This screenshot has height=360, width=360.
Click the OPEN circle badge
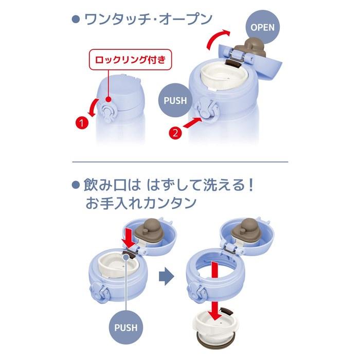click(262, 27)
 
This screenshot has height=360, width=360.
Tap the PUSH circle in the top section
click(175, 100)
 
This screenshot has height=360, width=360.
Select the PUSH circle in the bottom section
click(126, 328)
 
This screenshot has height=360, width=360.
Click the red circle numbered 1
click(82, 123)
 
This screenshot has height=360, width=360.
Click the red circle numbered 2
click(175, 133)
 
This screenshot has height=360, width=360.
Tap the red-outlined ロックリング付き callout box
click(131, 60)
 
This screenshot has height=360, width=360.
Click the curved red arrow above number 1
click(94, 107)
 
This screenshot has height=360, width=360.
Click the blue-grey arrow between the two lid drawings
click(167, 277)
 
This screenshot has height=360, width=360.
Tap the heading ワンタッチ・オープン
click(148, 20)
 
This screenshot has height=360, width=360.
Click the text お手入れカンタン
click(141, 203)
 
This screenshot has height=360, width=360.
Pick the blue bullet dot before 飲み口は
click(76, 185)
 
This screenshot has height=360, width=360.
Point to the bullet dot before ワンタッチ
click(76, 20)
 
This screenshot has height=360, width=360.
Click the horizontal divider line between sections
click(180, 162)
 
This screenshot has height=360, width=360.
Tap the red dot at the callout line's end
click(109, 99)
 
